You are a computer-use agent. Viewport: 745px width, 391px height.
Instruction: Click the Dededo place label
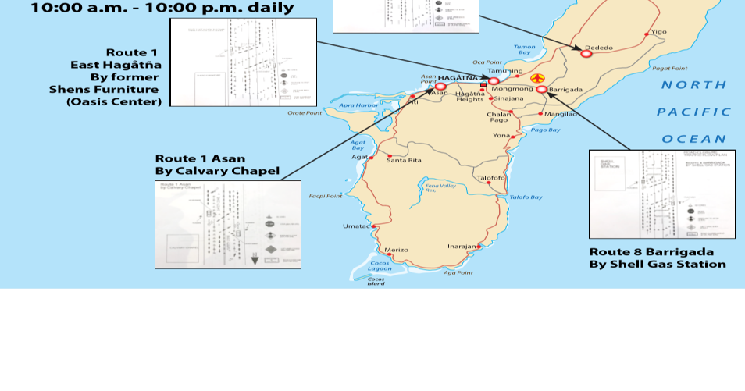[x=599, y=48]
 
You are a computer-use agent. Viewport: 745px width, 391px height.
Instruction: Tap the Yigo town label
[x=658, y=32]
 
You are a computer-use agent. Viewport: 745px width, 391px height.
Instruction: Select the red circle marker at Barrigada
[x=542, y=90]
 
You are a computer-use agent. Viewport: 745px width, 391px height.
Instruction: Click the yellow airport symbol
[x=537, y=79]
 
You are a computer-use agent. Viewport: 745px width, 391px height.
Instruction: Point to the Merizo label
[x=397, y=250]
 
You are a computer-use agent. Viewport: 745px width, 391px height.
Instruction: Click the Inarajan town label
[x=462, y=246]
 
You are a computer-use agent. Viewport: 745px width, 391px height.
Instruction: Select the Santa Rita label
[x=404, y=160]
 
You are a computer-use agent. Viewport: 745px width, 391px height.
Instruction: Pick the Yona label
[x=501, y=135]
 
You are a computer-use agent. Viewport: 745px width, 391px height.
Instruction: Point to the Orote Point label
[x=305, y=113]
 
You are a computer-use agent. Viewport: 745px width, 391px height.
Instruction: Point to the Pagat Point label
[x=669, y=69]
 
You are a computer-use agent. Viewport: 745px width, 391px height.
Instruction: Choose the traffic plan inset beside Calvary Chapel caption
[x=227, y=225]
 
